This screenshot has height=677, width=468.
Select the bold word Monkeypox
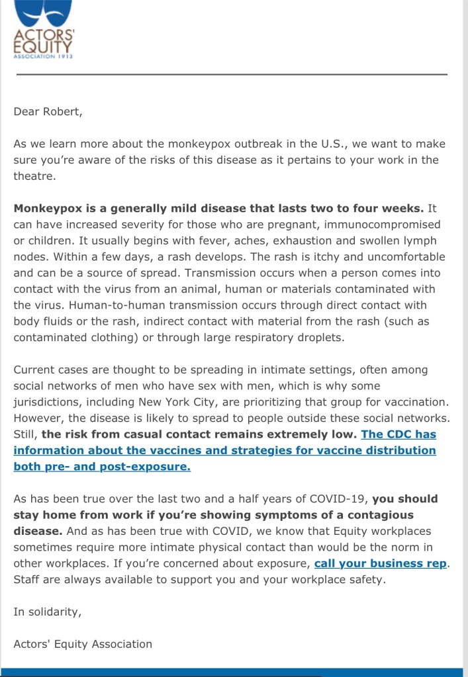[48, 208]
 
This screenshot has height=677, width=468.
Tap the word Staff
[27, 580]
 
